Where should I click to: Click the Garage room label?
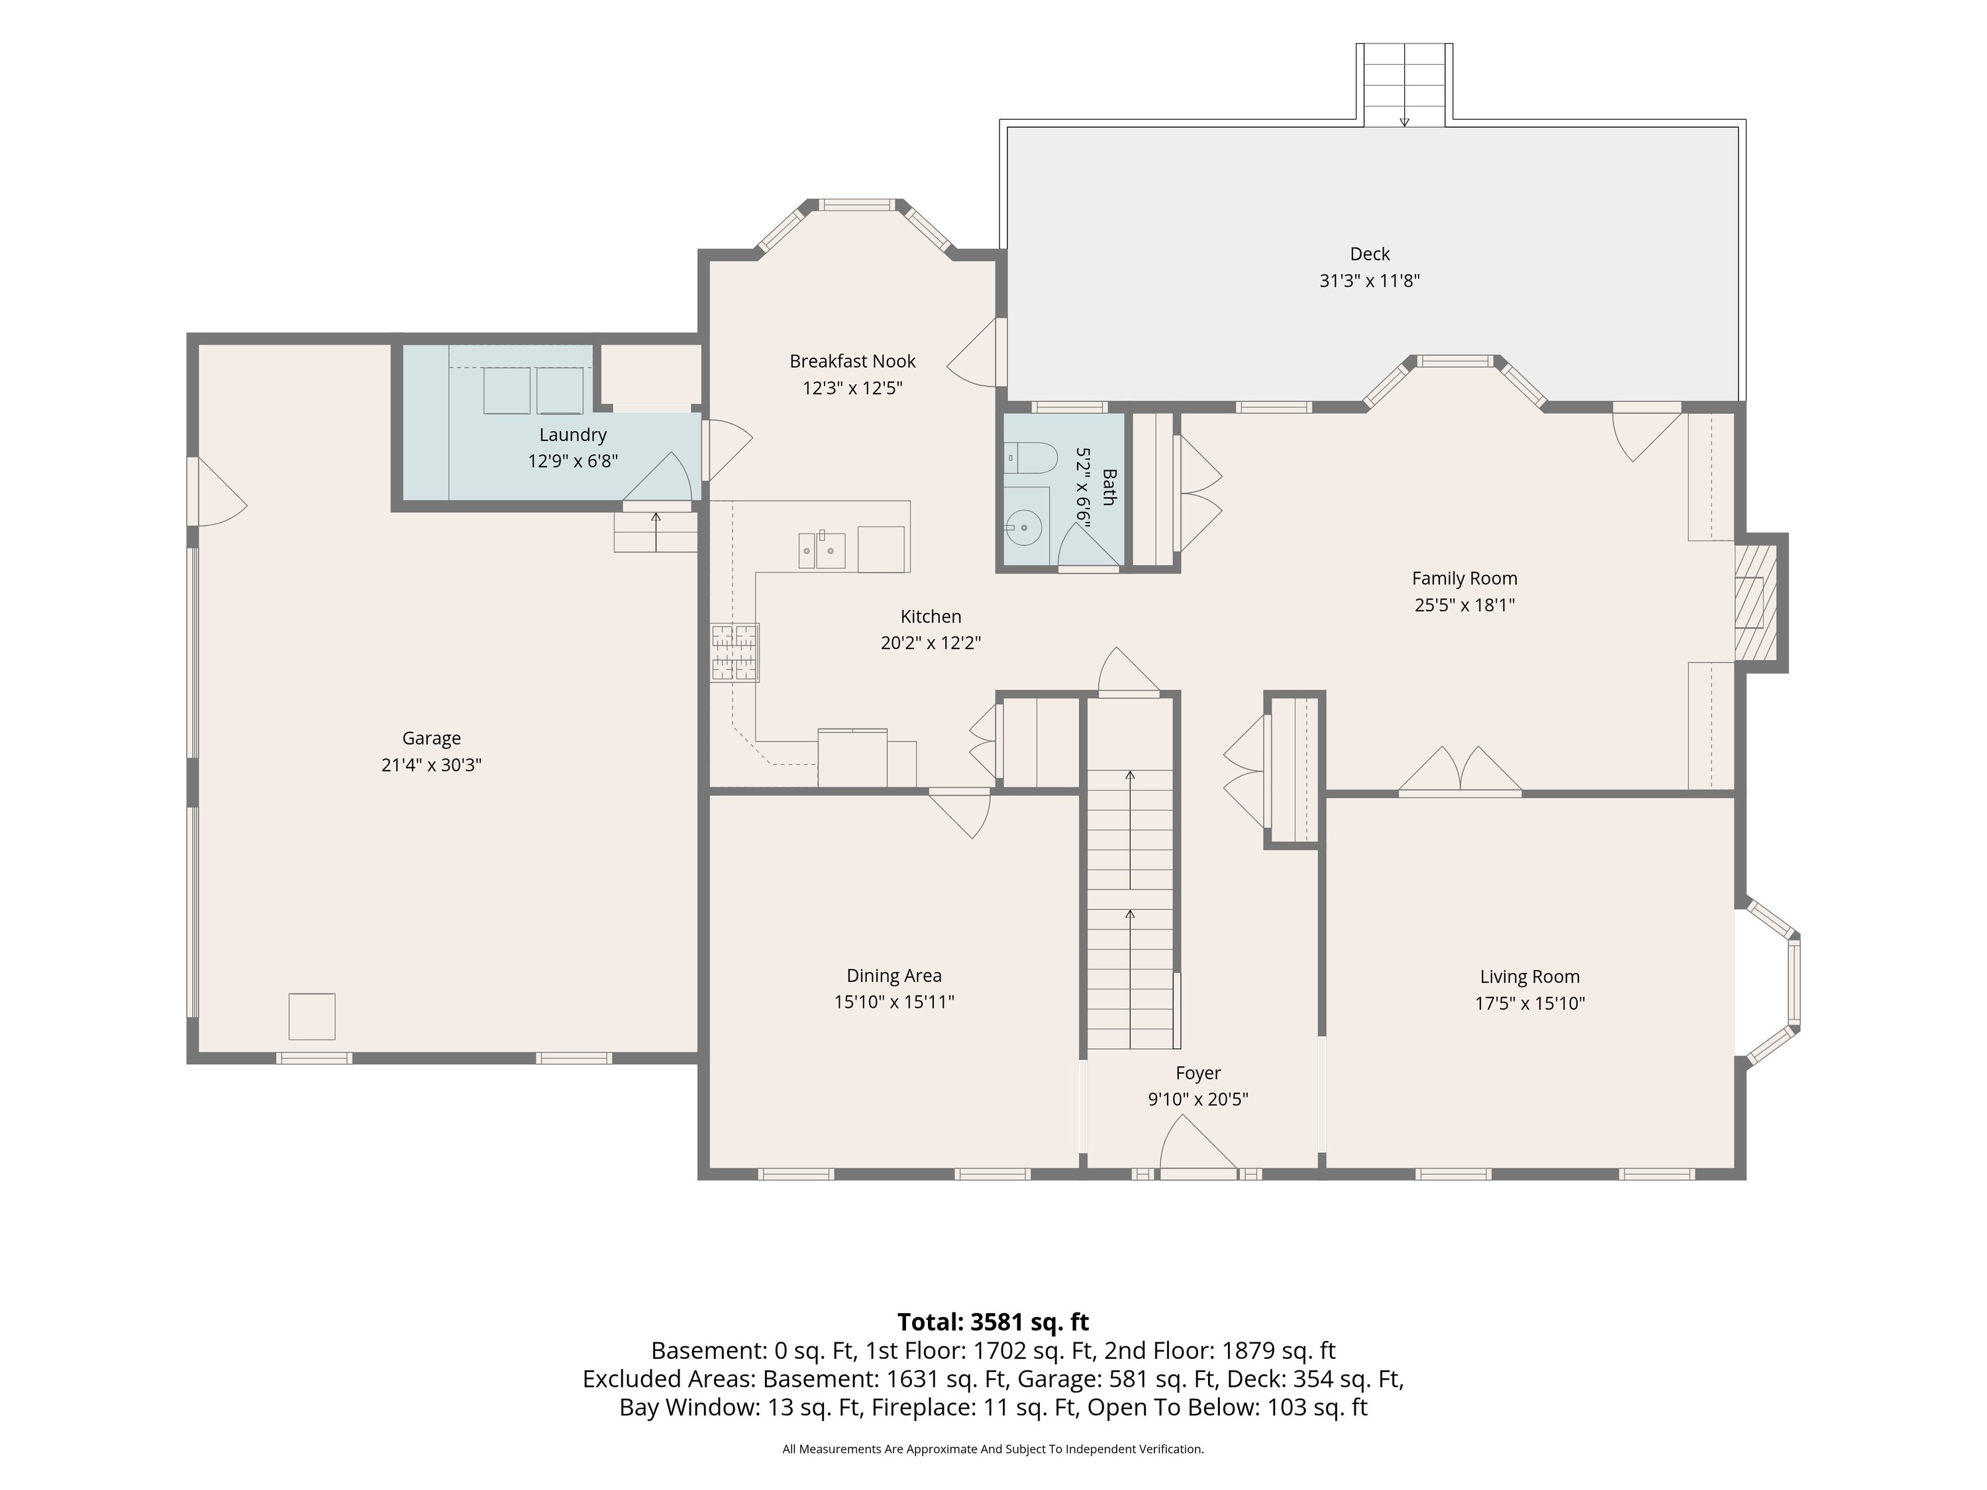pos(431,738)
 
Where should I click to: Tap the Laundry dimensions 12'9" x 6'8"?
pos(573,462)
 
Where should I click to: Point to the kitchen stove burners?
pos(735,652)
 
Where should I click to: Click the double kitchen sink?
pos(822,550)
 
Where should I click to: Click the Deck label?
pos(1370,254)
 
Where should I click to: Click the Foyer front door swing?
pos(1197,1142)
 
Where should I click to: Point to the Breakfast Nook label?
pos(852,361)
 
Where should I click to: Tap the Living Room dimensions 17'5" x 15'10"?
pos(1530,1003)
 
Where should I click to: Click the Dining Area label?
pos(893,975)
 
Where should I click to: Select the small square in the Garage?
pos(312,1017)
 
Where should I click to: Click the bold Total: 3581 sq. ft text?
pos(993,1322)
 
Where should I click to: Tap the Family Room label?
pos(1464,578)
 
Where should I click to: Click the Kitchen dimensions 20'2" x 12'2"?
pos(931,643)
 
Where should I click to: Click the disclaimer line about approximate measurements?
pos(993,1449)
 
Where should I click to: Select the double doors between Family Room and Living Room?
pos(1460,771)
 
